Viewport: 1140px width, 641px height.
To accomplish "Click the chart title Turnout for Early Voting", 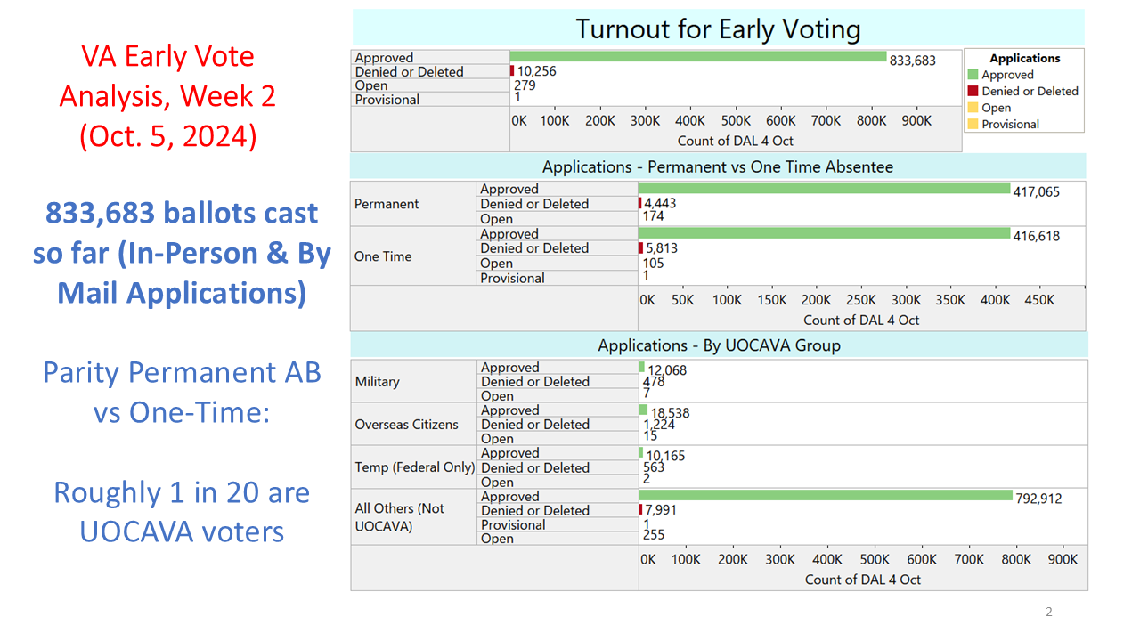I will (x=718, y=28).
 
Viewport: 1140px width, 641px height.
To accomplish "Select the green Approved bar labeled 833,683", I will (x=698, y=57).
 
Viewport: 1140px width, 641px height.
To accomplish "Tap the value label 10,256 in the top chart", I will (x=537, y=71).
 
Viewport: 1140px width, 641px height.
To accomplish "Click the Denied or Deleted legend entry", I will (x=1029, y=91).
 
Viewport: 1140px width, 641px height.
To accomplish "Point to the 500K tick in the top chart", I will (x=736, y=120).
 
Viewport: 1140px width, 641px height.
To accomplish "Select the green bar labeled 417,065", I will (x=824, y=189).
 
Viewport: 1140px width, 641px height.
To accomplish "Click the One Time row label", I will (x=383, y=256).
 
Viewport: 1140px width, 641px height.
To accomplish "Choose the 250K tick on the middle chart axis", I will (x=862, y=300).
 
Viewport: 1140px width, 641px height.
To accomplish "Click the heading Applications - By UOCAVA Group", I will (x=719, y=345).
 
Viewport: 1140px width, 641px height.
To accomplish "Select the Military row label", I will (x=377, y=381).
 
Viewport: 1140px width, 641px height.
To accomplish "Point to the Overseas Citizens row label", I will (x=406, y=424).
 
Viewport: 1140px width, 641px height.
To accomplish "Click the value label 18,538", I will (x=670, y=414).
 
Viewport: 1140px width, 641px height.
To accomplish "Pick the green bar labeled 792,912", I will (x=826, y=495).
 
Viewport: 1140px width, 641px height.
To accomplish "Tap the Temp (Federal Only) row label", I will (x=414, y=467).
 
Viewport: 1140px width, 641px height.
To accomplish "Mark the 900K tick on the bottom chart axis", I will (x=1063, y=559).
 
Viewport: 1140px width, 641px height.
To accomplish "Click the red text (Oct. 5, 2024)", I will (x=167, y=136).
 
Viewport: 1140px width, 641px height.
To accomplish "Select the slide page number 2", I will (x=1048, y=612).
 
